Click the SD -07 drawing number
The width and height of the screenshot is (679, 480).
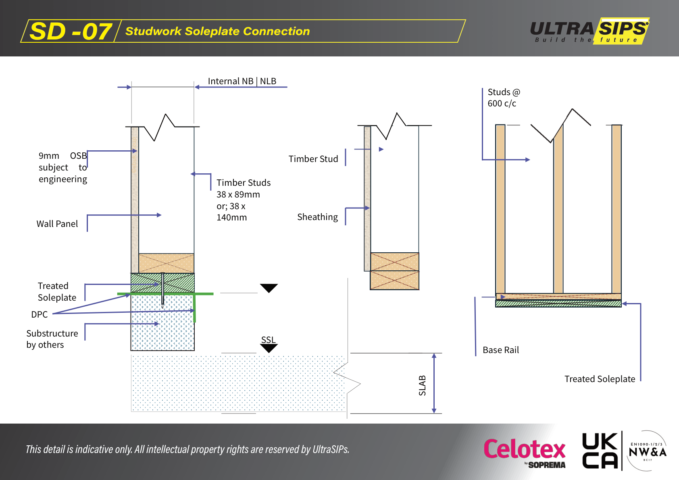click(x=71, y=31)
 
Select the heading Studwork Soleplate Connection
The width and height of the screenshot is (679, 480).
click(x=217, y=31)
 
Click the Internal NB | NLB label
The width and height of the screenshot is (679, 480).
click(x=242, y=81)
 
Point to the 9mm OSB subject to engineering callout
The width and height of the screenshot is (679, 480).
click(x=62, y=167)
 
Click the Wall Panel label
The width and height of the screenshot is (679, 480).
click(x=57, y=224)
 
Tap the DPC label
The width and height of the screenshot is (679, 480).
click(x=39, y=314)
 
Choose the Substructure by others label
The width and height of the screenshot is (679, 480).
click(x=52, y=339)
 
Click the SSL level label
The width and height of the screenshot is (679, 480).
click(x=268, y=340)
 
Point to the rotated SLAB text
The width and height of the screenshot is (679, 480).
click(x=422, y=385)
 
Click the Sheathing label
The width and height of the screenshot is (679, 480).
click(x=317, y=217)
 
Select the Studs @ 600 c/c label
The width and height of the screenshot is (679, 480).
click(x=504, y=98)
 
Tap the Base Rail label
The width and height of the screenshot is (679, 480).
click(x=500, y=350)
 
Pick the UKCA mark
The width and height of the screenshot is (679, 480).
click(x=600, y=451)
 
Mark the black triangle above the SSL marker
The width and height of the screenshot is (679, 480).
click(x=269, y=288)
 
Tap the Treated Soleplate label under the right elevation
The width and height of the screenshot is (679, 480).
click(x=600, y=379)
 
